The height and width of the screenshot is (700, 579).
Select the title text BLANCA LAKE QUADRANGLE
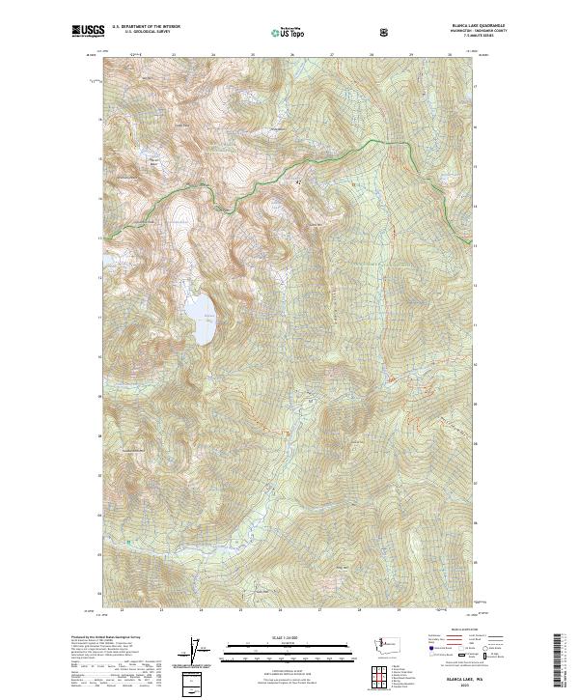451,26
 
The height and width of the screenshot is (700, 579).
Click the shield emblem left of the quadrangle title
386,32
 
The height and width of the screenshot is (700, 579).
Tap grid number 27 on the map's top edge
332,55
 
